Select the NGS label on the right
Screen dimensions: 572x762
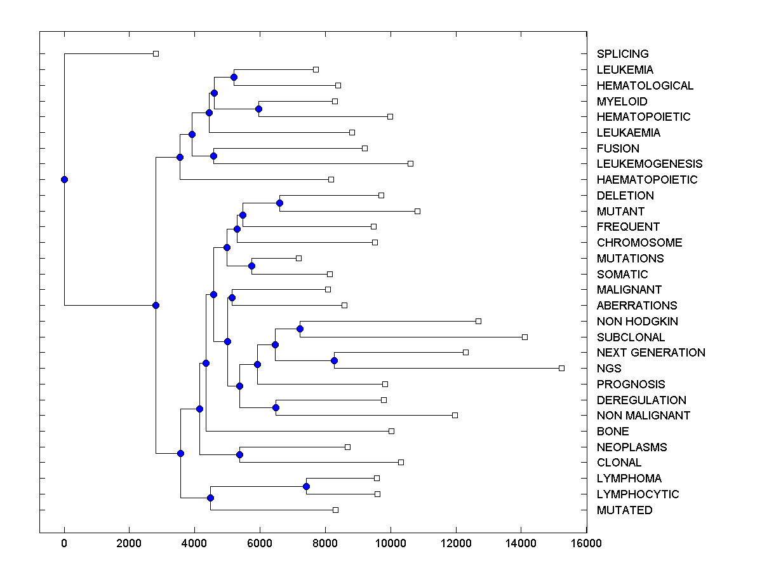click(609, 369)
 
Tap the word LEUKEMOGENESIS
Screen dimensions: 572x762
click(650, 164)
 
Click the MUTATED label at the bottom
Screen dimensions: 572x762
click(624, 510)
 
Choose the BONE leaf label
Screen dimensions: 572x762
click(613, 432)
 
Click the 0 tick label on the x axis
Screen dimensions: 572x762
click(64, 543)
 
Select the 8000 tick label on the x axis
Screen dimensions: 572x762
click(325, 543)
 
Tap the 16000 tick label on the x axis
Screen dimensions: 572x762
click(586, 543)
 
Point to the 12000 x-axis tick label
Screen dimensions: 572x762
click(456, 543)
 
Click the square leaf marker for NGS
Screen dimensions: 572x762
click(561, 368)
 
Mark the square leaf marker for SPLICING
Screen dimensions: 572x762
click(156, 53)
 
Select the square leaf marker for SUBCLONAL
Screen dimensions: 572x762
click(525, 337)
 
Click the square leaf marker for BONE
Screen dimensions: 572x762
click(391, 431)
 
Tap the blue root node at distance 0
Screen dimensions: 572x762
click(64, 179)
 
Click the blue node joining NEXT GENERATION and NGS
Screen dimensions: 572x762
click(334, 360)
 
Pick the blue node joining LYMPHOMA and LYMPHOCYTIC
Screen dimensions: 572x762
click(306, 486)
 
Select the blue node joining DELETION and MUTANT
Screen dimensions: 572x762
click(279, 203)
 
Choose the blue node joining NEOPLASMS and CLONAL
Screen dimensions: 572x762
click(239, 454)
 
